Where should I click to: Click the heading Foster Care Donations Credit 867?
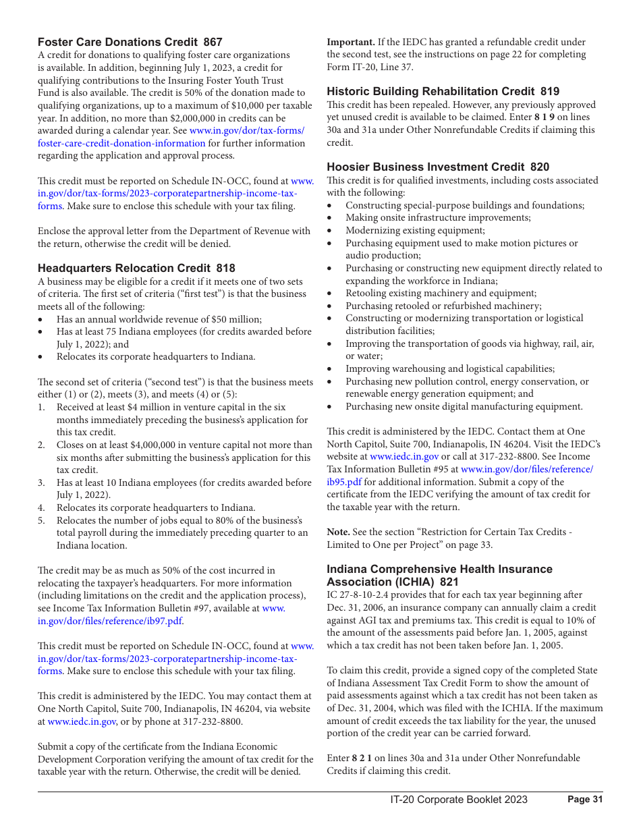130,42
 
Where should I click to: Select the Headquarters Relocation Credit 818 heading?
136,268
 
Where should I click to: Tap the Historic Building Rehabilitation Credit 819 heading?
443,91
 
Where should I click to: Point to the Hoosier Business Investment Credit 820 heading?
438,167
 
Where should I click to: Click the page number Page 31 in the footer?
584,799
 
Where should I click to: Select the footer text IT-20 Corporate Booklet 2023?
459,800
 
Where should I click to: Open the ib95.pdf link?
344,482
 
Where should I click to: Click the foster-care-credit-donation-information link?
121,143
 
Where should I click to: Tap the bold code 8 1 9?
545,117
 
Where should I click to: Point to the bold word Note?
339,532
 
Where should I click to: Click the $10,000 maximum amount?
272,105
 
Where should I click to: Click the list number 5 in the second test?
41,520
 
